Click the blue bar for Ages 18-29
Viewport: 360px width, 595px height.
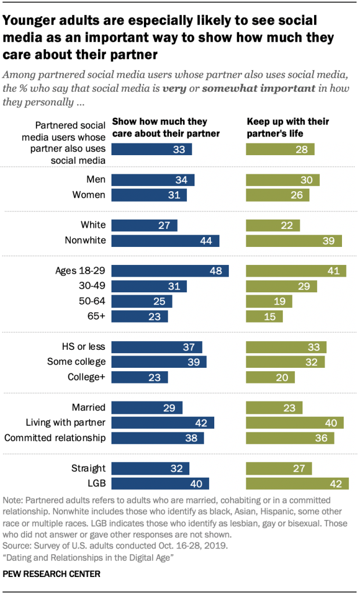click(170, 271)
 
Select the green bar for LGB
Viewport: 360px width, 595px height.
click(297, 483)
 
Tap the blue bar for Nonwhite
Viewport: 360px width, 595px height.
click(165, 241)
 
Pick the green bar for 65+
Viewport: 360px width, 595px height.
click(264, 317)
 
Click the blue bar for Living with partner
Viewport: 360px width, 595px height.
click(163, 422)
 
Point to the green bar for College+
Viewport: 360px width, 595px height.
click(270, 377)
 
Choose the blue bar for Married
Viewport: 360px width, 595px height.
click(147, 407)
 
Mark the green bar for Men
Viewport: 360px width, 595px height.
click(283, 180)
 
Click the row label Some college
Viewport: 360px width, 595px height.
click(77, 362)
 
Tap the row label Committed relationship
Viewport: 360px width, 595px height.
click(55, 438)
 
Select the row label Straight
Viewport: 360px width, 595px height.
click(89, 468)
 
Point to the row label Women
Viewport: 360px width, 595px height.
click(88, 195)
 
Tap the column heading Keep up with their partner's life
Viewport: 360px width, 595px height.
click(288, 127)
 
